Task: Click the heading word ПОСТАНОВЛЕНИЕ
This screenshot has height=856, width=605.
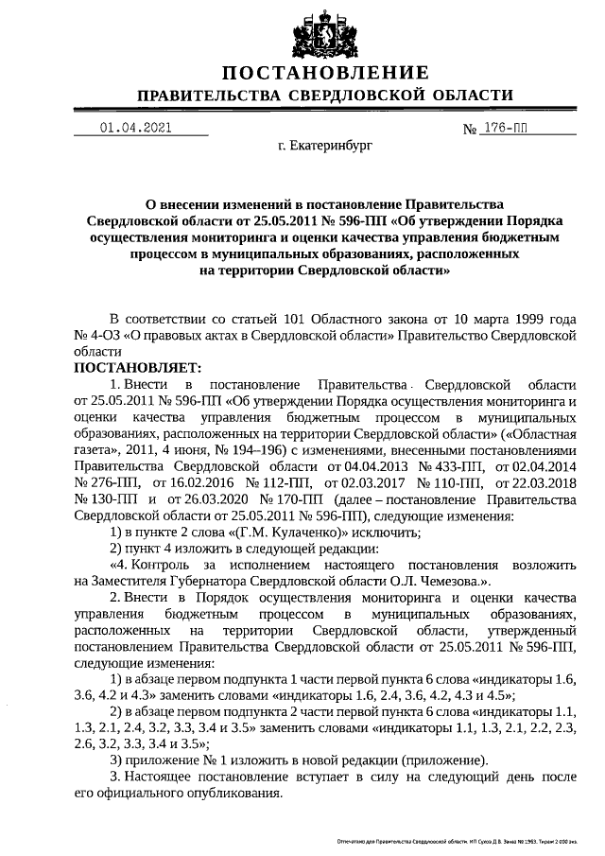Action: tap(325, 73)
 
